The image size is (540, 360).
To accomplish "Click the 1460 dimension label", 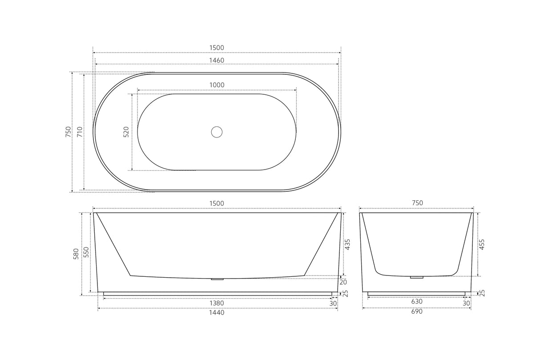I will [x=217, y=60].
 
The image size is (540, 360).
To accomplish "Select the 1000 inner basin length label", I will [x=217, y=85].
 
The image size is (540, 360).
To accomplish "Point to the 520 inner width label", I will [x=126, y=132].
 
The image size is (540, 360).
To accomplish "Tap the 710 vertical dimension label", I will [x=79, y=132].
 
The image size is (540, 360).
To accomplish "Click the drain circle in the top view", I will [x=217, y=132].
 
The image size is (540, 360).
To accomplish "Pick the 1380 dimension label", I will [x=217, y=303].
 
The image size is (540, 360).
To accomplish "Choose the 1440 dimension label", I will [x=217, y=312].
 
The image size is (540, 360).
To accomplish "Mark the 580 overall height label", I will [x=76, y=254].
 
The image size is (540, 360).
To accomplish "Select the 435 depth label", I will [x=348, y=244].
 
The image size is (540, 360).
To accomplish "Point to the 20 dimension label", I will [x=343, y=282].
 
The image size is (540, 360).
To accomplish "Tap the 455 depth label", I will [x=482, y=244].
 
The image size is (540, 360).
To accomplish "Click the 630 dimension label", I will [x=417, y=301].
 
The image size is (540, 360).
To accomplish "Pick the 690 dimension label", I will [x=417, y=311].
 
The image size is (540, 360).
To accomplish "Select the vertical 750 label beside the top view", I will [x=68, y=132].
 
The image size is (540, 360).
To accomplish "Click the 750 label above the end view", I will [x=417, y=203].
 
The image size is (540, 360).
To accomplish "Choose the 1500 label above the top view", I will [x=217, y=48].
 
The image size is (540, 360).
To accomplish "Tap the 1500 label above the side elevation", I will [x=217, y=203].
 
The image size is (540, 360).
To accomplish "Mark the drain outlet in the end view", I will [x=417, y=277].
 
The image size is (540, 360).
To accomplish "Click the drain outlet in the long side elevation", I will [x=217, y=279].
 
